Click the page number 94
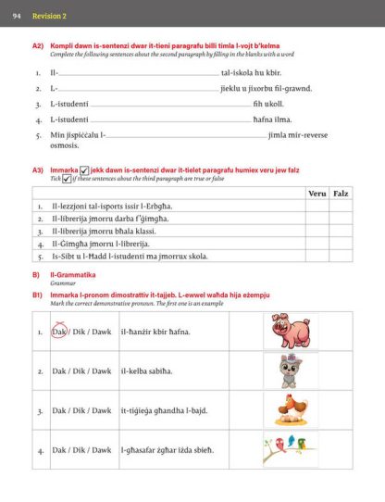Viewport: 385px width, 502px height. click(x=16, y=15)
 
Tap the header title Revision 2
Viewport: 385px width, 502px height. click(x=49, y=15)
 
